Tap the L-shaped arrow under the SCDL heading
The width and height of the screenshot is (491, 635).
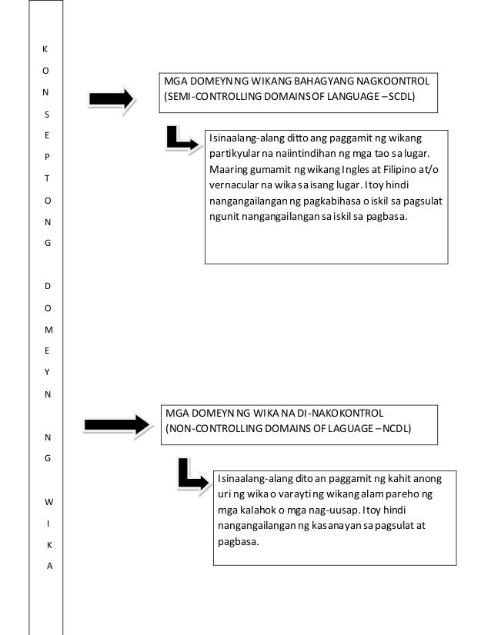182,139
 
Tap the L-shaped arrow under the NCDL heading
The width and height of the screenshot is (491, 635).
192,474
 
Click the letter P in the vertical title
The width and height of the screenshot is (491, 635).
48,157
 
